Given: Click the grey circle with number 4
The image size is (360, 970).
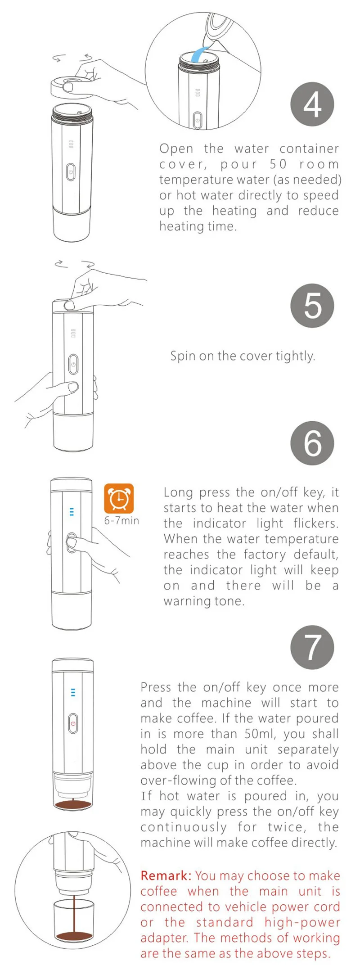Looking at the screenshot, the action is [313, 104].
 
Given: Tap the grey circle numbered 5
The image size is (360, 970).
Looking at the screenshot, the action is [313, 306].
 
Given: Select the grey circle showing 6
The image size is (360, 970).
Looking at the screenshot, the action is [313, 443].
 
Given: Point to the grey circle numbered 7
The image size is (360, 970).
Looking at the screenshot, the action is [313, 647].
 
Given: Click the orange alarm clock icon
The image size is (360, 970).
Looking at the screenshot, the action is [119, 498].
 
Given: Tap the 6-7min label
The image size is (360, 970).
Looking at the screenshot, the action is [121, 521].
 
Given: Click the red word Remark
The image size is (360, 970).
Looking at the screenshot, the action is [166, 875].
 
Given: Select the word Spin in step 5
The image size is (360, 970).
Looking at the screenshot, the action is [183, 356].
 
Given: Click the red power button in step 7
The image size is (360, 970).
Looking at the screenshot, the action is [73, 724].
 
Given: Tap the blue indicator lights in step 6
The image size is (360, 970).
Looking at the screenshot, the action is [72, 512].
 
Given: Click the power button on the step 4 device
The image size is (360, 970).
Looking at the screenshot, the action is [71, 172].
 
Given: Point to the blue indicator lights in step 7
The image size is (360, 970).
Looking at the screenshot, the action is [73, 692].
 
